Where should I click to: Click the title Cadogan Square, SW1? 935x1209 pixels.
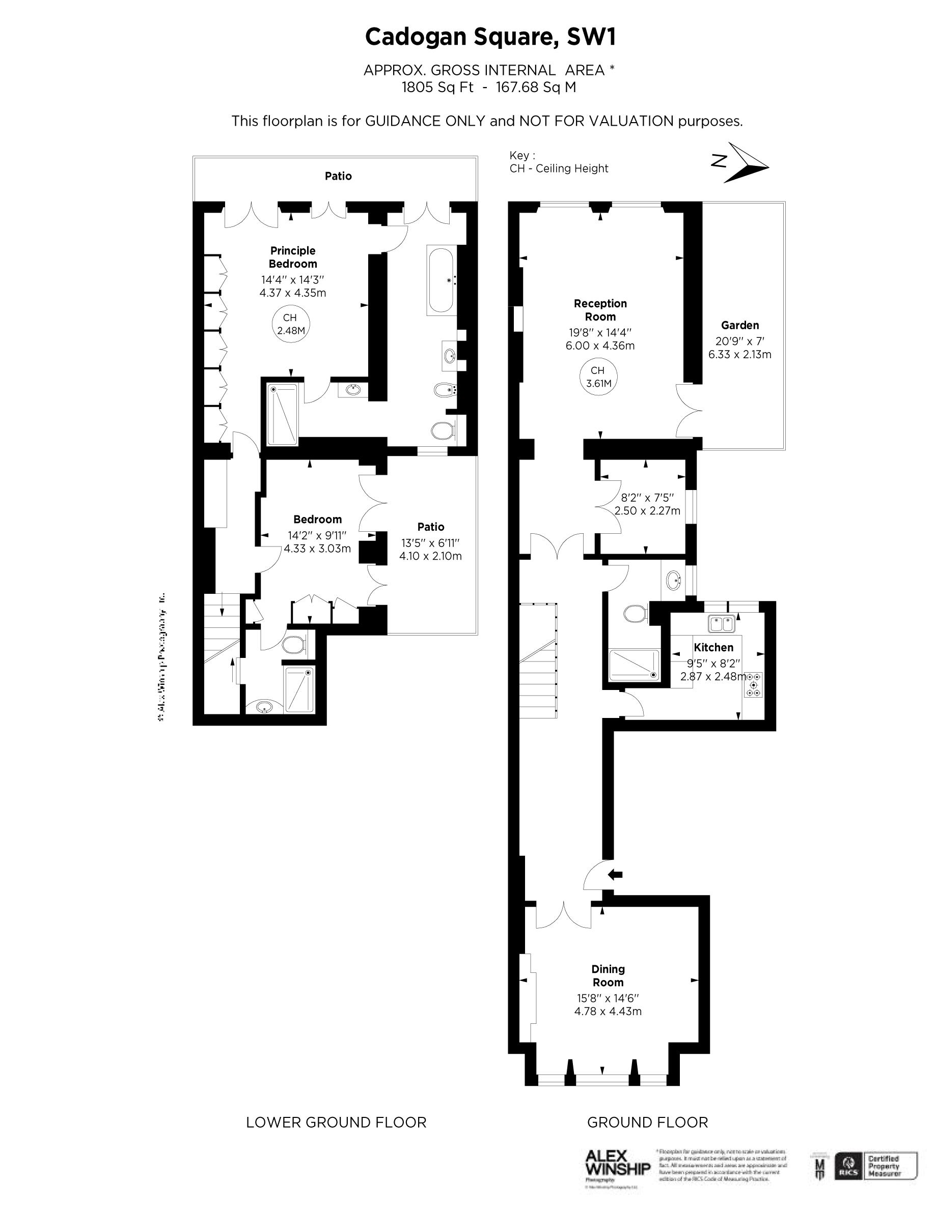pos(490,37)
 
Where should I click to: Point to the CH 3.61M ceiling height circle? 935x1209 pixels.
pos(598,377)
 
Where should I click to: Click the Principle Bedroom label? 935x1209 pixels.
pos(292,257)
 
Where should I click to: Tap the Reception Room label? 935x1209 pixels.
pos(600,310)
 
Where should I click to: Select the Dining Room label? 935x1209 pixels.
pos(608,975)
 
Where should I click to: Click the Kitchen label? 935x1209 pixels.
pos(713,647)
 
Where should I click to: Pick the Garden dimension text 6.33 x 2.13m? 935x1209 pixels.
pos(739,354)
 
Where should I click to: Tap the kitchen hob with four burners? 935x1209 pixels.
pos(753,685)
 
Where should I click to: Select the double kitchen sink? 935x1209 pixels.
pos(722,624)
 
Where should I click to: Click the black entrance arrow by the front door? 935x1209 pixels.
pos(615,875)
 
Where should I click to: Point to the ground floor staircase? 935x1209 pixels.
pos(538,661)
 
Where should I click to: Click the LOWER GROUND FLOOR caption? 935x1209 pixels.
pos(336,1122)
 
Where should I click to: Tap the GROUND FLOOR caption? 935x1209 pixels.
pos(647,1122)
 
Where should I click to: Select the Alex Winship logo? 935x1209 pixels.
pos(617,1164)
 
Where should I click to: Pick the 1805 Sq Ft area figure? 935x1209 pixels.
pos(437,88)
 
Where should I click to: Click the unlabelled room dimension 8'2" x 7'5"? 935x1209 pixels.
pos(647,498)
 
